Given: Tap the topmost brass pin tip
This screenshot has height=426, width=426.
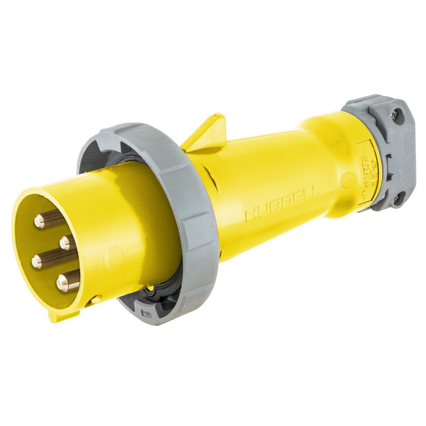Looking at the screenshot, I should (39, 221).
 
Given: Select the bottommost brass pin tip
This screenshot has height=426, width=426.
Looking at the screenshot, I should (62, 282).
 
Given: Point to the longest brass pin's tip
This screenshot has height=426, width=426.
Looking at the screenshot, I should (37, 261).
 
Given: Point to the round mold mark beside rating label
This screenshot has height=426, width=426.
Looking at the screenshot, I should (349, 180).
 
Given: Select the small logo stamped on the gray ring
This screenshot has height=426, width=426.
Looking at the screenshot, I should (146, 314).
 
